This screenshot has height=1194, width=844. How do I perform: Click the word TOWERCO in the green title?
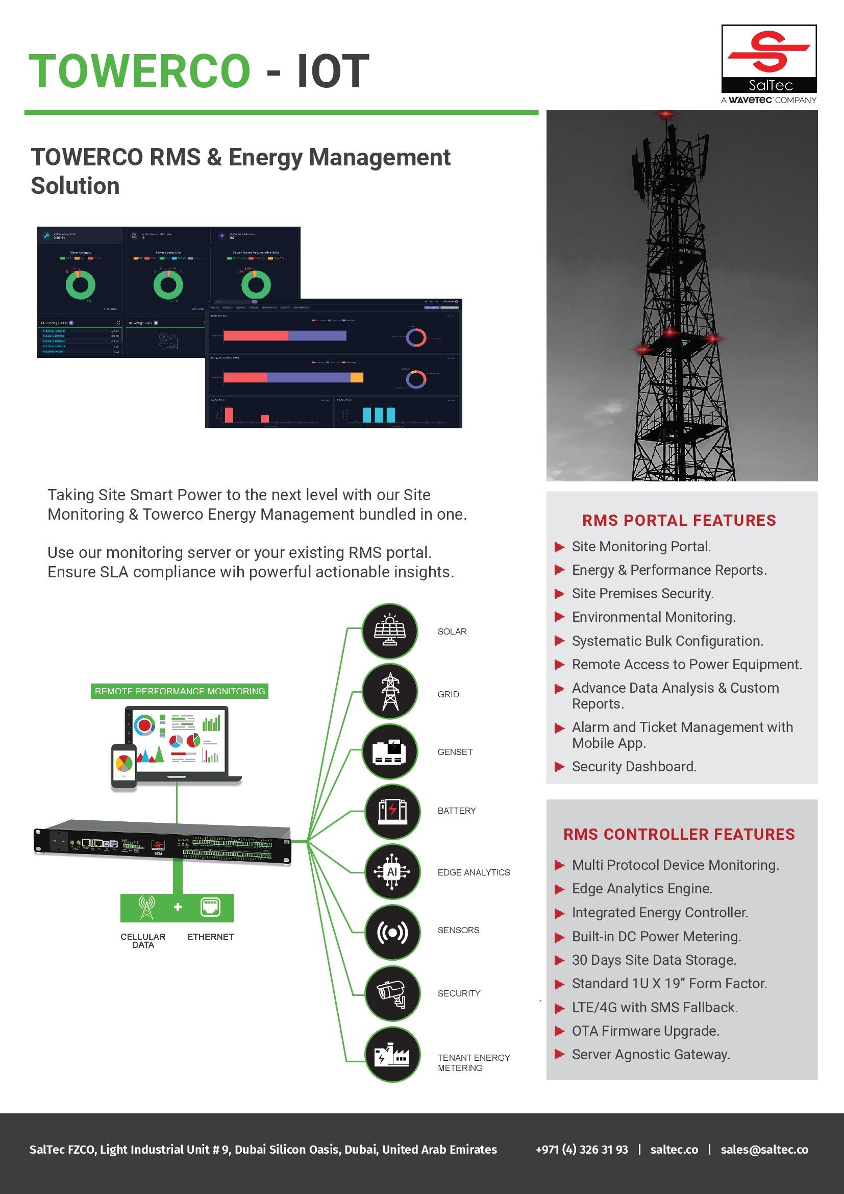point(140,72)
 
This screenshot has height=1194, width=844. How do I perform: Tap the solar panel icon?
point(390,630)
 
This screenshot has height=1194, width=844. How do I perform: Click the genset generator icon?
point(390,751)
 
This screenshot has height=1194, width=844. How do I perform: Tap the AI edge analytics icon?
point(392,872)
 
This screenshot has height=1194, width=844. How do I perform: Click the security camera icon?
point(392,993)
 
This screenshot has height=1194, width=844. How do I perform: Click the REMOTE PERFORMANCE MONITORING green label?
point(179,691)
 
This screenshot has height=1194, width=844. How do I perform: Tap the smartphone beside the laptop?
point(123,766)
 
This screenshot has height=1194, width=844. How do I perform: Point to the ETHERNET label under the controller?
point(210,937)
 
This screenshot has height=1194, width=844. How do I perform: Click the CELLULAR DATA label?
point(143,940)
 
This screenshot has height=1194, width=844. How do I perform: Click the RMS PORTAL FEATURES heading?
point(679,521)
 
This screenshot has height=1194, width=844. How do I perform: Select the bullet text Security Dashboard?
point(634,767)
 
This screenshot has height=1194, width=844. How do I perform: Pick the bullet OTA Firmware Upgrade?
point(646,1031)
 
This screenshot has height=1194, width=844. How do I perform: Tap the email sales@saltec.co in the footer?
point(764,1149)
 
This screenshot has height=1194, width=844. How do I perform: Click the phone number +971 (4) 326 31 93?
point(582,1149)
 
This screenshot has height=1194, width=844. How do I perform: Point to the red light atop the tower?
point(666,114)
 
